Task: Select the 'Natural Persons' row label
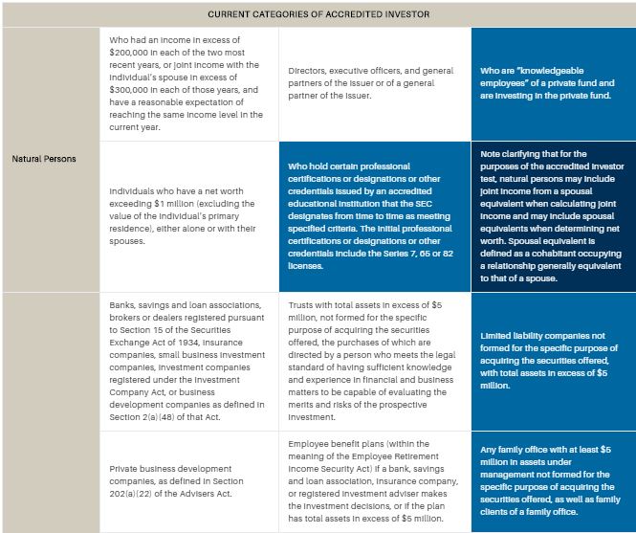coord(50,159)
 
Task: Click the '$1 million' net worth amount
coord(233,203)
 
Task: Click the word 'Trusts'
coord(303,305)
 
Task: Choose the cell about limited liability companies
coord(553,361)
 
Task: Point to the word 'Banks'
coord(124,305)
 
